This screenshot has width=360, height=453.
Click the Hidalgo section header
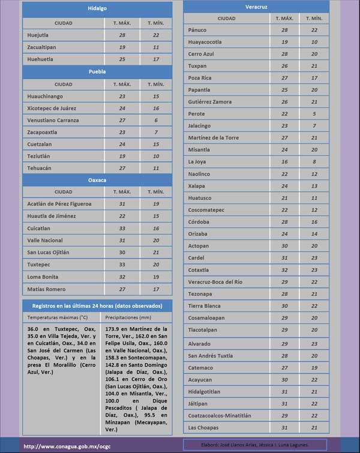[x=97, y=9]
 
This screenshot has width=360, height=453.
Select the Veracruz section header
[x=256, y=7]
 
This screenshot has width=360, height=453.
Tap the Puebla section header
[x=97, y=71]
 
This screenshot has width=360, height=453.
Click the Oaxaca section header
[x=97, y=179]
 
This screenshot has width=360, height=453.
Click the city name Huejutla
[x=38, y=35]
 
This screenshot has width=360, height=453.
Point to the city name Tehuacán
[x=40, y=168]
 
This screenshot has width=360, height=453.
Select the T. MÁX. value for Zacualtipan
[x=122, y=47]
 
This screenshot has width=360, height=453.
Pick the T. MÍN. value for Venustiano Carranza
[x=156, y=120]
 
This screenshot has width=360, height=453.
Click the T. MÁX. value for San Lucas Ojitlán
[x=122, y=252]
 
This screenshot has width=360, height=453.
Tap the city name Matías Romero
[x=46, y=289]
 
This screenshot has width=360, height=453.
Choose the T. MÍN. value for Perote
[x=314, y=114]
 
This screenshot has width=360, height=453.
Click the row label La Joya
[x=197, y=161]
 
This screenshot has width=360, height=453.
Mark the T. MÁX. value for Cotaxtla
[x=284, y=270]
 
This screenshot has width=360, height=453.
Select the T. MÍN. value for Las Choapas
[x=314, y=427]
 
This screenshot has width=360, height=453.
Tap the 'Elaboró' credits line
[x=256, y=445]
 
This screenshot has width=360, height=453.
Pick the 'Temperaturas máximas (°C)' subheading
[x=57, y=317]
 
